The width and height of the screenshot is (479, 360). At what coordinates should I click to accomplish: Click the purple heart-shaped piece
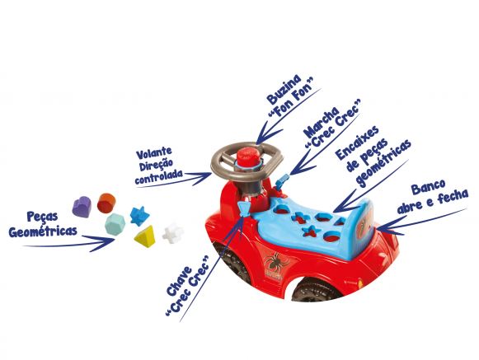click(x=82, y=207)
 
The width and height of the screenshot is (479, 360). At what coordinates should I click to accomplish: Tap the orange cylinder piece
click(x=106, y=203)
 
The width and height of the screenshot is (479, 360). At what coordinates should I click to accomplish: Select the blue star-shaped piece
click(x=139, y=216)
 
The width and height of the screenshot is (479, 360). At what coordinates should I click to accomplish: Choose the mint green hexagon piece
click(x=115, y=224)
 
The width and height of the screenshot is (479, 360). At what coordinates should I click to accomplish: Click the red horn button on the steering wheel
click(x=249, y=157)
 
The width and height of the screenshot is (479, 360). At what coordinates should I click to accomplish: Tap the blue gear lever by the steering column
click(x=281, y=182)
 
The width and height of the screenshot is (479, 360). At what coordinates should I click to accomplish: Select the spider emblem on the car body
click(x=273, y=262)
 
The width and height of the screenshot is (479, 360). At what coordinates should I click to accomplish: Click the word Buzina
click(x=284, y=89)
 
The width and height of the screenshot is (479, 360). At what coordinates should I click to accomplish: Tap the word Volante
click(x=154, y=153)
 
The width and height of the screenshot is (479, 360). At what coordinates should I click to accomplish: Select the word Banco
click(x=428, y=187)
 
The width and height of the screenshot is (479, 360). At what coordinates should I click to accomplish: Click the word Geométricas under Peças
click(x=43, y=231)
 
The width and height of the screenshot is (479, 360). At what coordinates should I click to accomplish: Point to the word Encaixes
click(x=358, y=143)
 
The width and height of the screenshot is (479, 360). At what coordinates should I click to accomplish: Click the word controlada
click(x=159, y=177)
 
